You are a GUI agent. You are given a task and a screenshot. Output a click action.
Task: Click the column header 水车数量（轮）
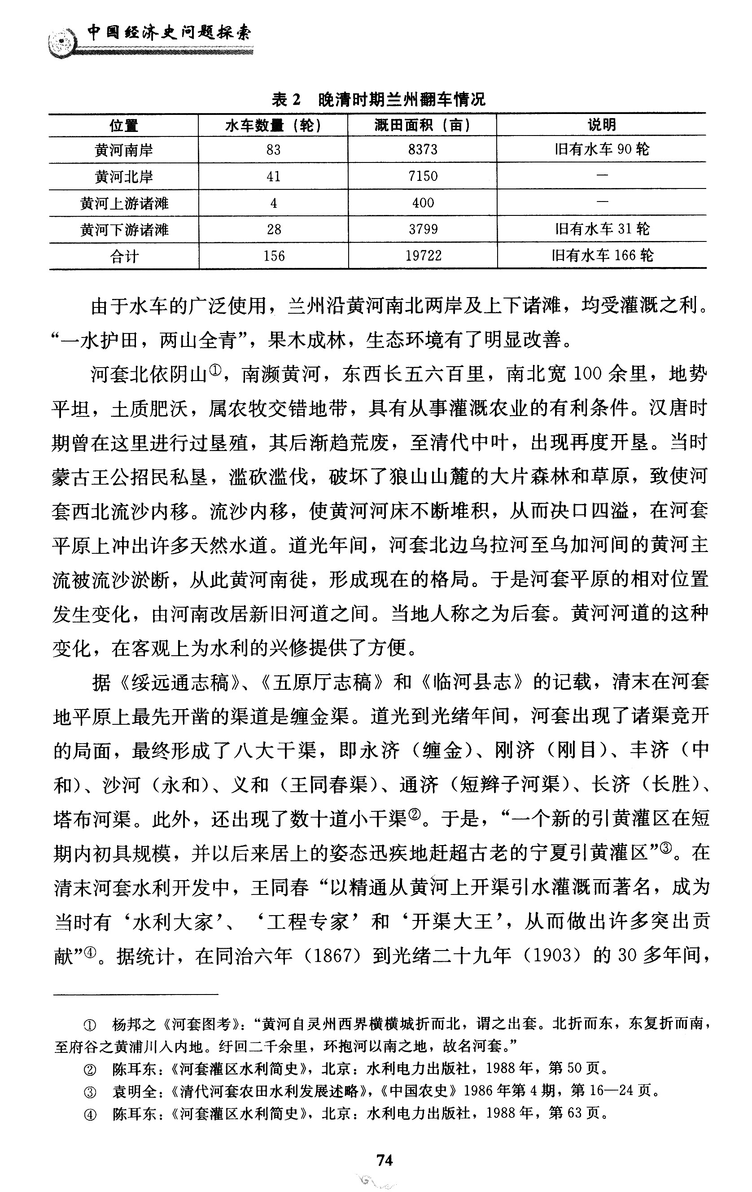[x=273, y=126]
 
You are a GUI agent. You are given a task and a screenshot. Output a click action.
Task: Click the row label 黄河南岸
[x=124, y=150]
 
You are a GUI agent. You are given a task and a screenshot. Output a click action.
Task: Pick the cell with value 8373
[x=423, y=149]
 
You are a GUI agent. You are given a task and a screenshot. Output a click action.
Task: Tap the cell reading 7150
[x=423, y=176]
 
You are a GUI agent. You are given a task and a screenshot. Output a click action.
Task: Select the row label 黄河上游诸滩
[x=124, y=203]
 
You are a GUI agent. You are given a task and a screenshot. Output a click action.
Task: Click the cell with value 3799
[x=423, y=229]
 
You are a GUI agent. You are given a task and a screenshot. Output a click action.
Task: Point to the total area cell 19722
[x=424, y=256]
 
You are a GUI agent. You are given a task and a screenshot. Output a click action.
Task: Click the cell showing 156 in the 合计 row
[x=274, y=256]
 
